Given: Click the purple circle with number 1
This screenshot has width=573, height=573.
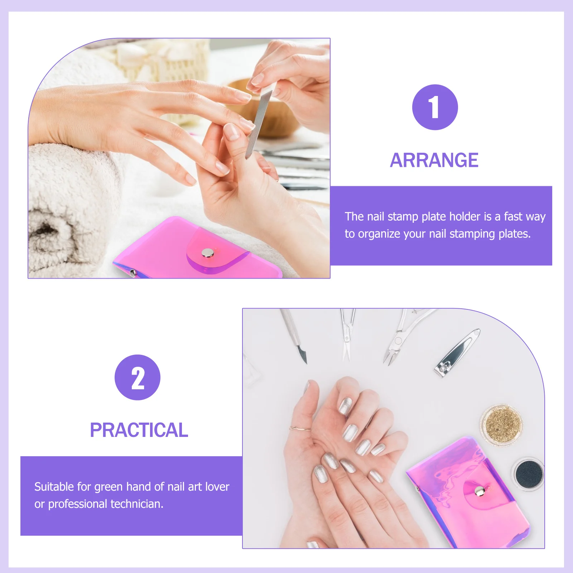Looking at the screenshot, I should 435,107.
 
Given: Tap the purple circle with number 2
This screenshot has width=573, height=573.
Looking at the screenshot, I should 137,377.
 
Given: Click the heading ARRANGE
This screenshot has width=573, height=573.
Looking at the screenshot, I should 434,160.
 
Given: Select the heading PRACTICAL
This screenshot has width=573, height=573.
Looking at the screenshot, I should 139,430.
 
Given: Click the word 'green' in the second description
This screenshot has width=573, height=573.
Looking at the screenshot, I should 109,487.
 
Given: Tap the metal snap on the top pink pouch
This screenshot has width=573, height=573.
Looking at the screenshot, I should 207,253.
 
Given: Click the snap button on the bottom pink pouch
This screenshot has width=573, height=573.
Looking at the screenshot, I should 479,491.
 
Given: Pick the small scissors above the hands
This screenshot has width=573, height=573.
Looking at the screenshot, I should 347,335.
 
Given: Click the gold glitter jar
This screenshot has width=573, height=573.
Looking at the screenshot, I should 502,425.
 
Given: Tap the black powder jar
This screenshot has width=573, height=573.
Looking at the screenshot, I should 529,474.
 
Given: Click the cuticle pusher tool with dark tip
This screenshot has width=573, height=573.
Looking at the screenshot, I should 294,335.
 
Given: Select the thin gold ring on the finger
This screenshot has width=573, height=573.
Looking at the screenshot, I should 300,428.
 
